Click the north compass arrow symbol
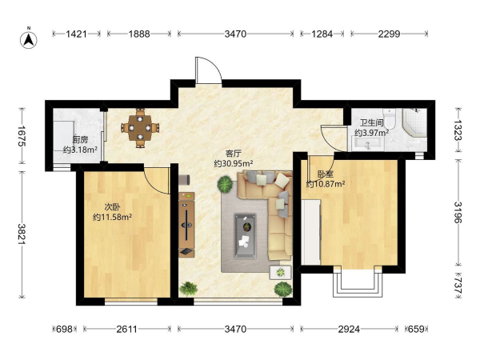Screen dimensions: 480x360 (29, 40)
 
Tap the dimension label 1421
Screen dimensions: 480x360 (77, 34)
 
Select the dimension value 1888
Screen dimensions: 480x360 (139, 34)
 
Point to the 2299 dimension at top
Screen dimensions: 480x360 (389, 34)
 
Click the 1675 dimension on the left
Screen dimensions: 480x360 (22, 136)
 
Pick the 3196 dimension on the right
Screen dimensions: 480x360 (458, 213)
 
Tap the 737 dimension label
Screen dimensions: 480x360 (458, 286)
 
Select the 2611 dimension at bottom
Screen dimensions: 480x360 (127, 329)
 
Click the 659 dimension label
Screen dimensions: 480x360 (417, 329)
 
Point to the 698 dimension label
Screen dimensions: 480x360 (65, 329)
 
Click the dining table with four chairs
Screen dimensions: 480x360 (140, 128)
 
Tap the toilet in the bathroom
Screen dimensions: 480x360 (390, 118)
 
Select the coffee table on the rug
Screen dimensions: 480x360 (246, 236)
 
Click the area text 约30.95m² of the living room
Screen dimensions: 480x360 (234, 164)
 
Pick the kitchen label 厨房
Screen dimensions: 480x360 (80, 140)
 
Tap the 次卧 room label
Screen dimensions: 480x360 (112, 207)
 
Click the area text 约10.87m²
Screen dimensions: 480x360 (326, 184)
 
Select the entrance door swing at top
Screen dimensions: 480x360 (208, 70)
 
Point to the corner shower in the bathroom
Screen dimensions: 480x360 (414, 122)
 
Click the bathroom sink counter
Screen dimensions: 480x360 (367, 144)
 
